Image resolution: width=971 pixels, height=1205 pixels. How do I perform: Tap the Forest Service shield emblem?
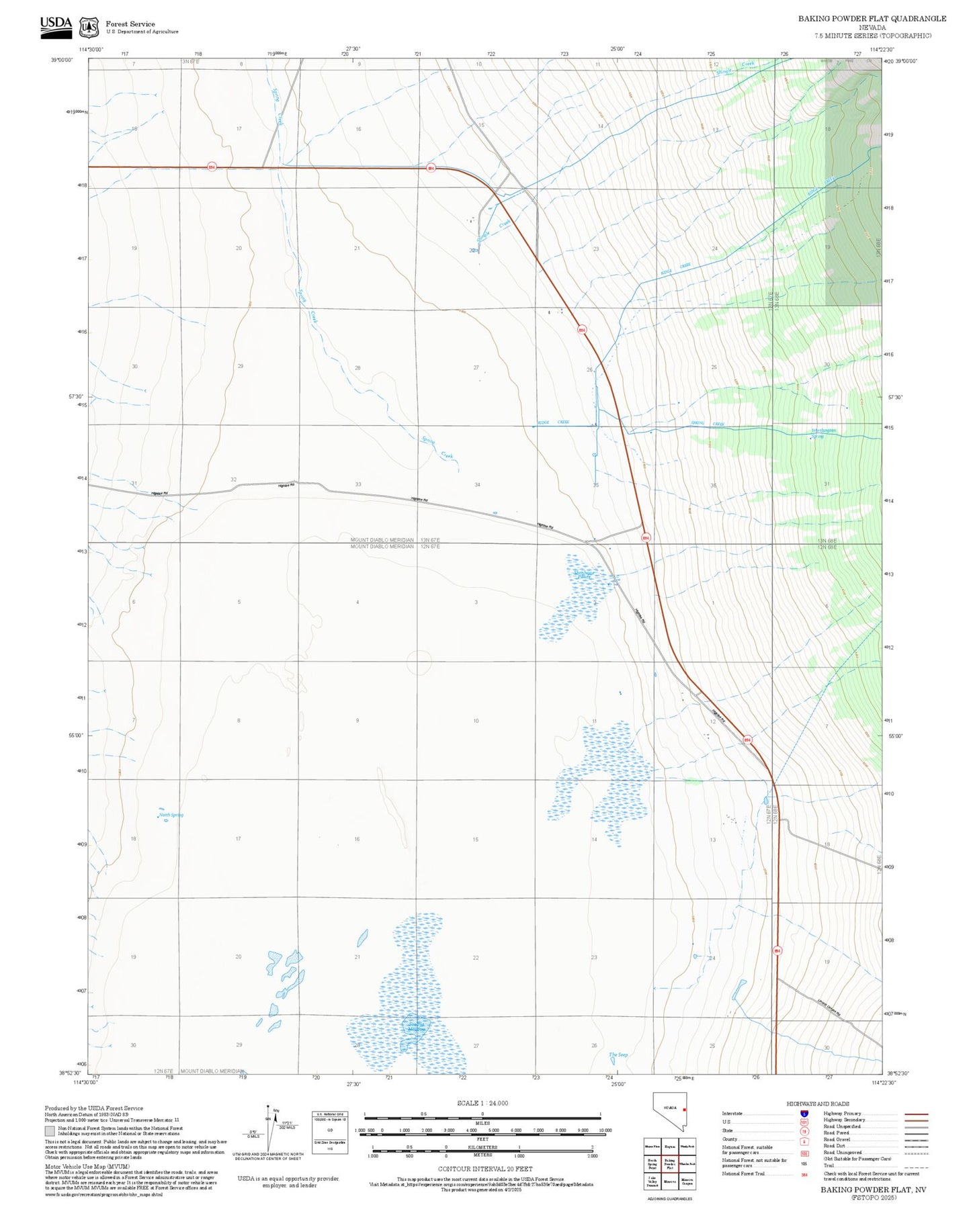89,28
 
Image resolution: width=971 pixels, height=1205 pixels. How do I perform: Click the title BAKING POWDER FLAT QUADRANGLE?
872,19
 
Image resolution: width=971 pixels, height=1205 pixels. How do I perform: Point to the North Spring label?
171,815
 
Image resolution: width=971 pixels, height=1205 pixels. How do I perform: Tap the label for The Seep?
618,1055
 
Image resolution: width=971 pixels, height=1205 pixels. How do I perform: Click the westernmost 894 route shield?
212,167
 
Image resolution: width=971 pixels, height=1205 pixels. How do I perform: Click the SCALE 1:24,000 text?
482,1103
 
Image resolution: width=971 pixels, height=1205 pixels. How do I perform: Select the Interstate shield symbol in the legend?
804,1113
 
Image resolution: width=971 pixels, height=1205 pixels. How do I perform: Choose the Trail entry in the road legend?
829,1165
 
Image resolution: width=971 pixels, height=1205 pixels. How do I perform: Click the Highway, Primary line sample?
916,1114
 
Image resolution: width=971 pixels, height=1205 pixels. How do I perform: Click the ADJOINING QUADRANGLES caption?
669,1198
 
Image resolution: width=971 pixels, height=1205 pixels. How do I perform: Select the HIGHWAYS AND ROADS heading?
818,1104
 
